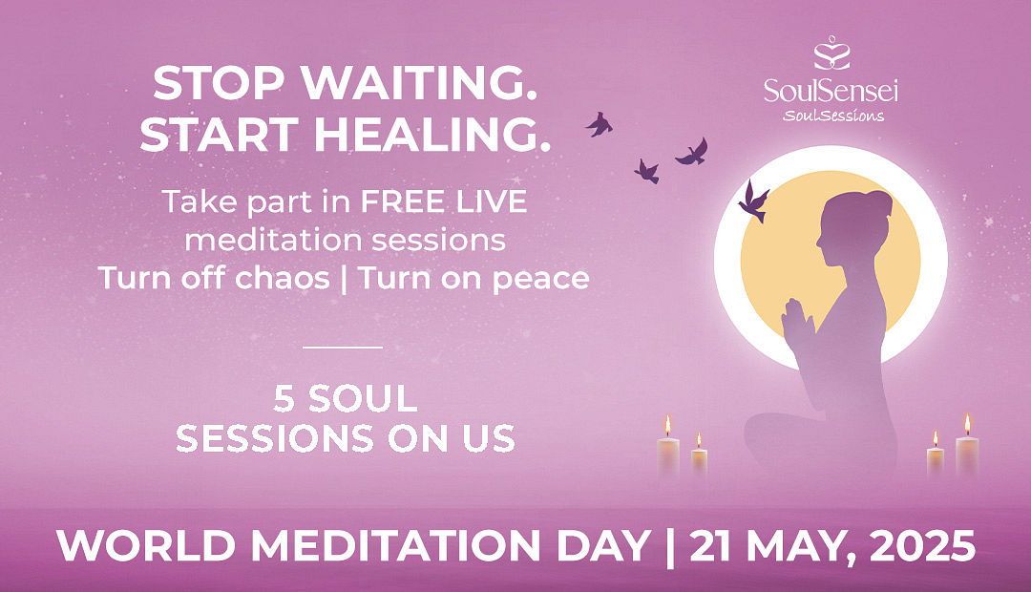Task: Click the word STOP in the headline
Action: click(219, 83)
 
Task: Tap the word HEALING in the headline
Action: click(432, 135)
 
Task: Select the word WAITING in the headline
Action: click(419, 83)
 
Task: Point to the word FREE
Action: click(399, 201)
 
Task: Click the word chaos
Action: click(282, 278)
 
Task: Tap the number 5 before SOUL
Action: click(284, 398)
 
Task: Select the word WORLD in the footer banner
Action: click(146, 546)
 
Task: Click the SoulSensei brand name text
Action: click(831, 91)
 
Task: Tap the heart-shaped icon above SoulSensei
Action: click(831, 53)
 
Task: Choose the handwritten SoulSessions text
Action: click(833, 116)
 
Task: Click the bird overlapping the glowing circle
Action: click(754, 201)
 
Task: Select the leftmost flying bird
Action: click(599, 124)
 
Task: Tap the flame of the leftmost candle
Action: click(668, 426)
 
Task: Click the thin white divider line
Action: click(342, 347)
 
